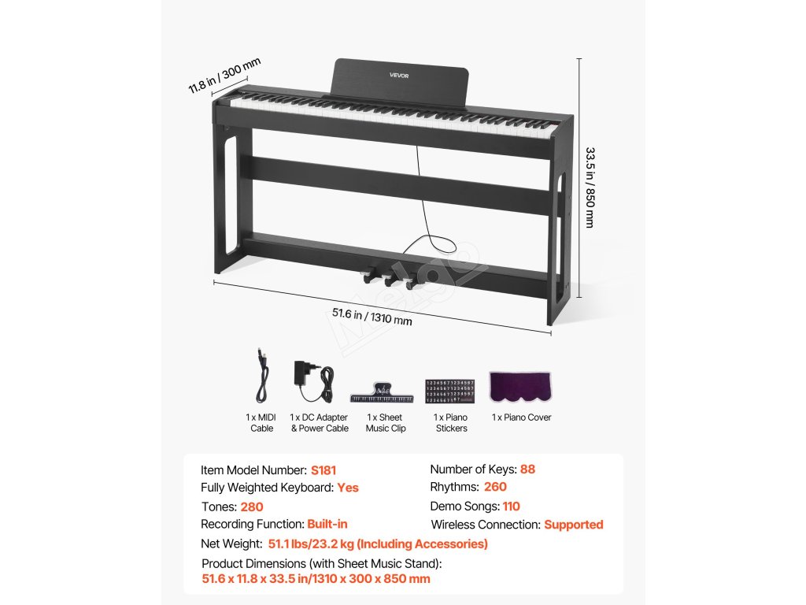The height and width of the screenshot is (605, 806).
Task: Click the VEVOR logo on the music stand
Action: pos(400,76)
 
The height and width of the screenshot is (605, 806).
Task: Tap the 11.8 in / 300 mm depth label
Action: pos(224,76)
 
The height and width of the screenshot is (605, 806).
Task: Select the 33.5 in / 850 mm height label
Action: pos(590,187)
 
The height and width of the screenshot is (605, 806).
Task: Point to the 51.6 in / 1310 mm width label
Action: pos(372,316)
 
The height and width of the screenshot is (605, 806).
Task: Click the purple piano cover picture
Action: pos(520,386)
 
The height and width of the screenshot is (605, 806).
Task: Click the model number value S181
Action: pos(324,470)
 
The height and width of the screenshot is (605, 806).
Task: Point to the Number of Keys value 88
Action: pos(527,469)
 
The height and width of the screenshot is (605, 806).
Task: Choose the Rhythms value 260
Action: pos(495,487)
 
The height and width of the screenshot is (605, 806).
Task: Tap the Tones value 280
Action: pos(252,507)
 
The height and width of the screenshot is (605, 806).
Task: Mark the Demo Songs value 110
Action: pos(511,506)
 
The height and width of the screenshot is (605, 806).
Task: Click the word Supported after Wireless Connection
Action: pos(573,524)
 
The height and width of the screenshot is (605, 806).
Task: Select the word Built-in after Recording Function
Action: pos(327,524)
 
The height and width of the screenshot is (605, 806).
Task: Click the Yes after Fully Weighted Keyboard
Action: pos(348,488)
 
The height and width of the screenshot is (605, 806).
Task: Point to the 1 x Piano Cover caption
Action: pos(521,418)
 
